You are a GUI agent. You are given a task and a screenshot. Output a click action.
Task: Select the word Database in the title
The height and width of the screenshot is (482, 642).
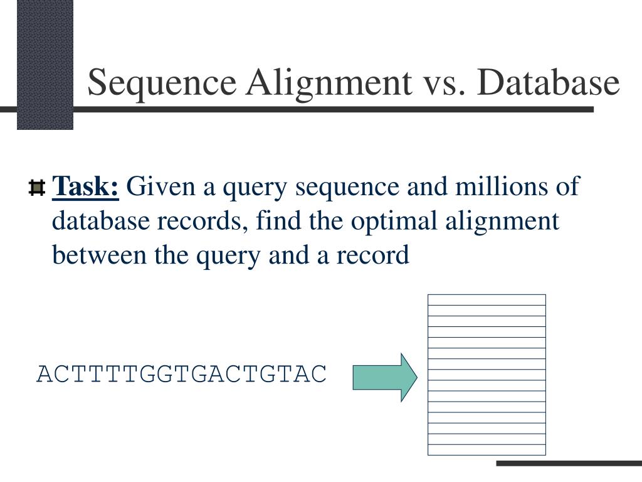point(544,83)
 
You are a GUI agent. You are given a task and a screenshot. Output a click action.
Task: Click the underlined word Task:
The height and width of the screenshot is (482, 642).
point(86,186)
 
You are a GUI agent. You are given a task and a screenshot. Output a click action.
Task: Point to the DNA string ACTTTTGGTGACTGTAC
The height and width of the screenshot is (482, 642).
point(182,373)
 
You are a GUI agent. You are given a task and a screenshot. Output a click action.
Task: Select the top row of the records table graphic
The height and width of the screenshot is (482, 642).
point(487,299)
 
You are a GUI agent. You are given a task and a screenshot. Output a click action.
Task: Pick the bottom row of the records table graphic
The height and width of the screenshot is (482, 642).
point(487,449)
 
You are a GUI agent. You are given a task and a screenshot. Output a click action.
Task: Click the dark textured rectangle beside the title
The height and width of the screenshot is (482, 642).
point(45,64)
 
